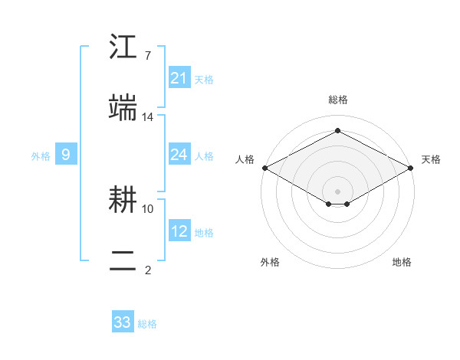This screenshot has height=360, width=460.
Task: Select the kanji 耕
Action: click(x=123, y=201)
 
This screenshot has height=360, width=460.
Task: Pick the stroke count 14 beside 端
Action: click(x=148, y=116)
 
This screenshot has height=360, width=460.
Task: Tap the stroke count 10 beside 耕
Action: click(x=148, y=208)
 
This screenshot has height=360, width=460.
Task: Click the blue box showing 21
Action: click(x=179, y=78)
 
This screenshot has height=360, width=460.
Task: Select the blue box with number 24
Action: click(x=179, y=155)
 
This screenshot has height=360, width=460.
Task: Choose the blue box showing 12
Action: click(x=179, y=231)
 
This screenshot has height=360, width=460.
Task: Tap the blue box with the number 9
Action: click(x=66, y=155)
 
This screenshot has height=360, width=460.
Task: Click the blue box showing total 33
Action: click(x=123, y=322)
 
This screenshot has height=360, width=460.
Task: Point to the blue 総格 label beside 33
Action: click(x=147, y=324)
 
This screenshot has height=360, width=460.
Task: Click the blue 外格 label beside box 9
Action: click(x=41, y=156)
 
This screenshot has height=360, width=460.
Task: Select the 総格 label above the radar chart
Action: click(x=338, y=100)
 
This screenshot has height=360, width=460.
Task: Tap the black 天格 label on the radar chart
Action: click(x=431, y=159)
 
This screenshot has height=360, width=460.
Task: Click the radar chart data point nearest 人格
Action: click(x=264, y=168)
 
